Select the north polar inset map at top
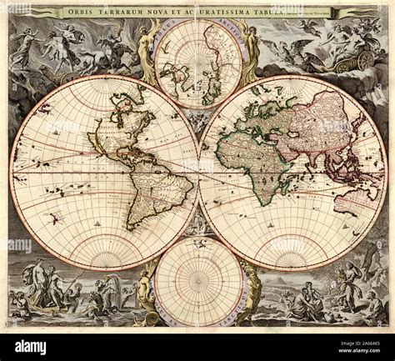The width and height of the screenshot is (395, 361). click(x=197, y=63)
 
